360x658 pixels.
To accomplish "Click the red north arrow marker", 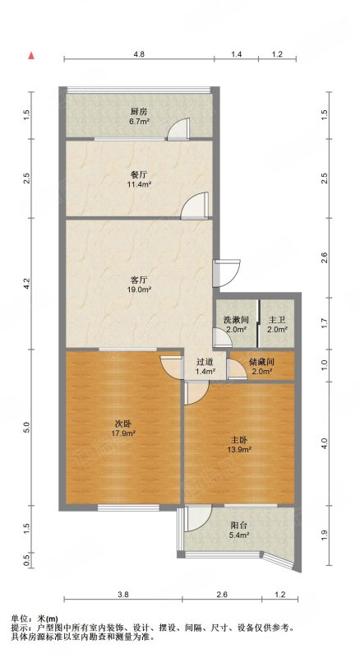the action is coord(31,56).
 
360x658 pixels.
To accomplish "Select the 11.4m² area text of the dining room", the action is coord(138,183).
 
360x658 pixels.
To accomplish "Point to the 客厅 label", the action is coord(138,279).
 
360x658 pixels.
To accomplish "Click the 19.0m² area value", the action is coord(138,289).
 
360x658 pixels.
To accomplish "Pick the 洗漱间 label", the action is coord(235,320).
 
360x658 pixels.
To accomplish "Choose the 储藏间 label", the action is coord(261,361).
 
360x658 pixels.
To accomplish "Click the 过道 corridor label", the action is coord(205,361).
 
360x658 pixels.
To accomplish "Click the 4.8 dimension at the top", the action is coord(139,54).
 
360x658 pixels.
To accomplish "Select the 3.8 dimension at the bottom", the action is coord(123,594).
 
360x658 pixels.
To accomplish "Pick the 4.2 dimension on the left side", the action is coord(27,284).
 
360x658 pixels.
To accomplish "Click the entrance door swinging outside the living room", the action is coord(227,273).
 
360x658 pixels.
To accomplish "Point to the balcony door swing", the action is coord(197,519).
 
